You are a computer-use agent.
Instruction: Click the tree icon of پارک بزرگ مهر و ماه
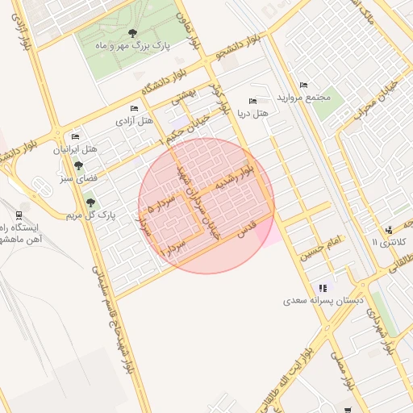coord(133,33)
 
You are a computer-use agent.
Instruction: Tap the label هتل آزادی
coord(135,121)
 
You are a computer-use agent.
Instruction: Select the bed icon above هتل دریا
coord(252,101)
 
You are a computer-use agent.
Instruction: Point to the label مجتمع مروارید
coord(304,98)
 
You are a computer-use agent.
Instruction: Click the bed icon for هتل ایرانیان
coord(75,137)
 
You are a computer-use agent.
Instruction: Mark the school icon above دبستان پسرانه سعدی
coord(323,288)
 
